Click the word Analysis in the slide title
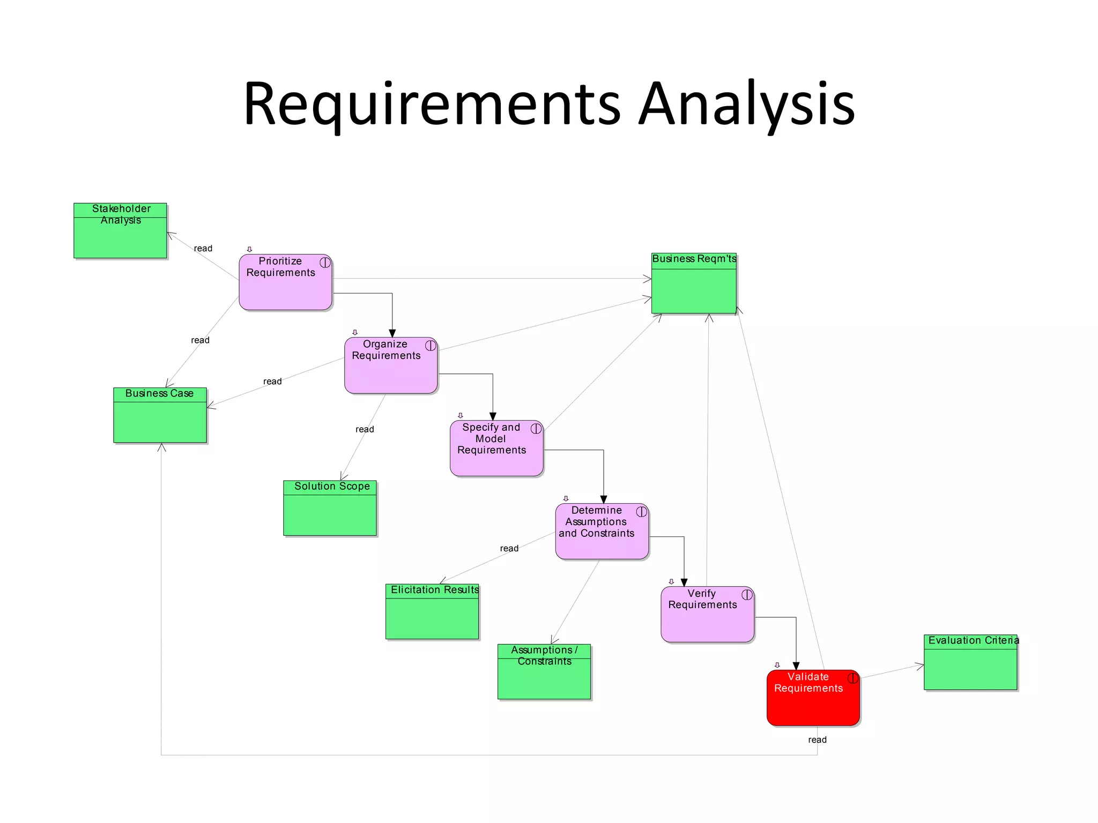pyautogui.click(x=747, y=104)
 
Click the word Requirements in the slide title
pyautogui.click(x=432, y=104)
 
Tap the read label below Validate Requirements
pyautogui.click(x=817, y=740)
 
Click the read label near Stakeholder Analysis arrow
pyautogui.click(x=203, y=249)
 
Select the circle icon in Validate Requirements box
pyautogui.click(x=852, y=678)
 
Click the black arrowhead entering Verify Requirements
pyautogui.click(x=684, y=582)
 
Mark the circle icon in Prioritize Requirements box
pyautogui.click(x=325, y=263)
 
